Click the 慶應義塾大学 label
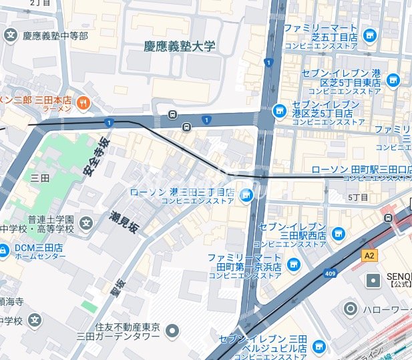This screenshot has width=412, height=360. coord(180,46)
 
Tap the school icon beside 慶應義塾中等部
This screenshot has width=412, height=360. coord(11,35)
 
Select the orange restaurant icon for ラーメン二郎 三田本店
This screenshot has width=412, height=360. coord(83,102)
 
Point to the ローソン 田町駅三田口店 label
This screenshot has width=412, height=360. coord(361,170)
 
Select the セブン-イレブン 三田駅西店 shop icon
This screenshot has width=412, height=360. coord(339,233)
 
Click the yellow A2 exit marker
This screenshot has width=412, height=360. coord(369,255)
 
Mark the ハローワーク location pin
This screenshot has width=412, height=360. coord(351,309)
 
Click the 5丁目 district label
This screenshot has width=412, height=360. coord(359,198)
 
